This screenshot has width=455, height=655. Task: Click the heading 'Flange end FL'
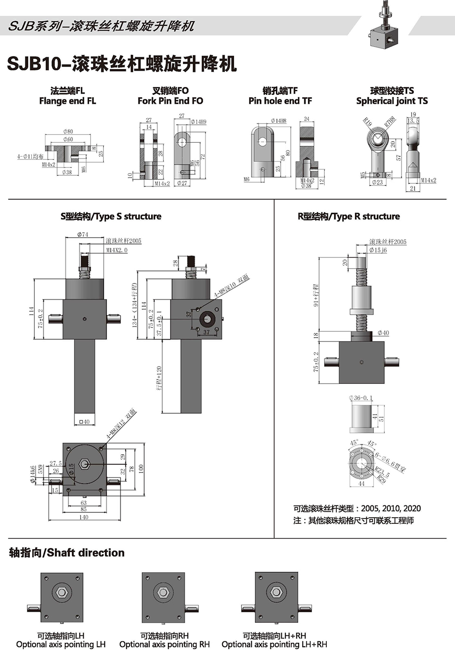67,101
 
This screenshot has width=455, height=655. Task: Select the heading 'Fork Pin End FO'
170,101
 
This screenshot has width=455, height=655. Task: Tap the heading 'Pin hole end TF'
280,101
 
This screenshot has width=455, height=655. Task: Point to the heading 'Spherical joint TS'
392,101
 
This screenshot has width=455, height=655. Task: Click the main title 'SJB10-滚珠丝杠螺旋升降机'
122,64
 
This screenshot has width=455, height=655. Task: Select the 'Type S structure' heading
111,216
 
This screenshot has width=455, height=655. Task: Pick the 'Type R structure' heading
349,216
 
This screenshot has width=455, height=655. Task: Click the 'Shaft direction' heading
67,553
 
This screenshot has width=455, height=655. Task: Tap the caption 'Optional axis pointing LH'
61,645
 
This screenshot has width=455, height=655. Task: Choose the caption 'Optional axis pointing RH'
164,645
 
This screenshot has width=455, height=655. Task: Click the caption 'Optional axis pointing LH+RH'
274,645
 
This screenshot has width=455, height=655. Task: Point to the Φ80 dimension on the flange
68,132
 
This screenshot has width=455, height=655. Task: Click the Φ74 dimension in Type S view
83,235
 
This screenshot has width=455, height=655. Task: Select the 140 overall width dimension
84,517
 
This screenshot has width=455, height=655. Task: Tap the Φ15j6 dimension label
378,250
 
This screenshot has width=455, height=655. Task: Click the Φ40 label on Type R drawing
383,333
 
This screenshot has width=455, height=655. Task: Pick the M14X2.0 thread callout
117,250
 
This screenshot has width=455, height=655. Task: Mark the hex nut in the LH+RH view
276,593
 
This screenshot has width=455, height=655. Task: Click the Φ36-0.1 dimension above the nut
361,398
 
